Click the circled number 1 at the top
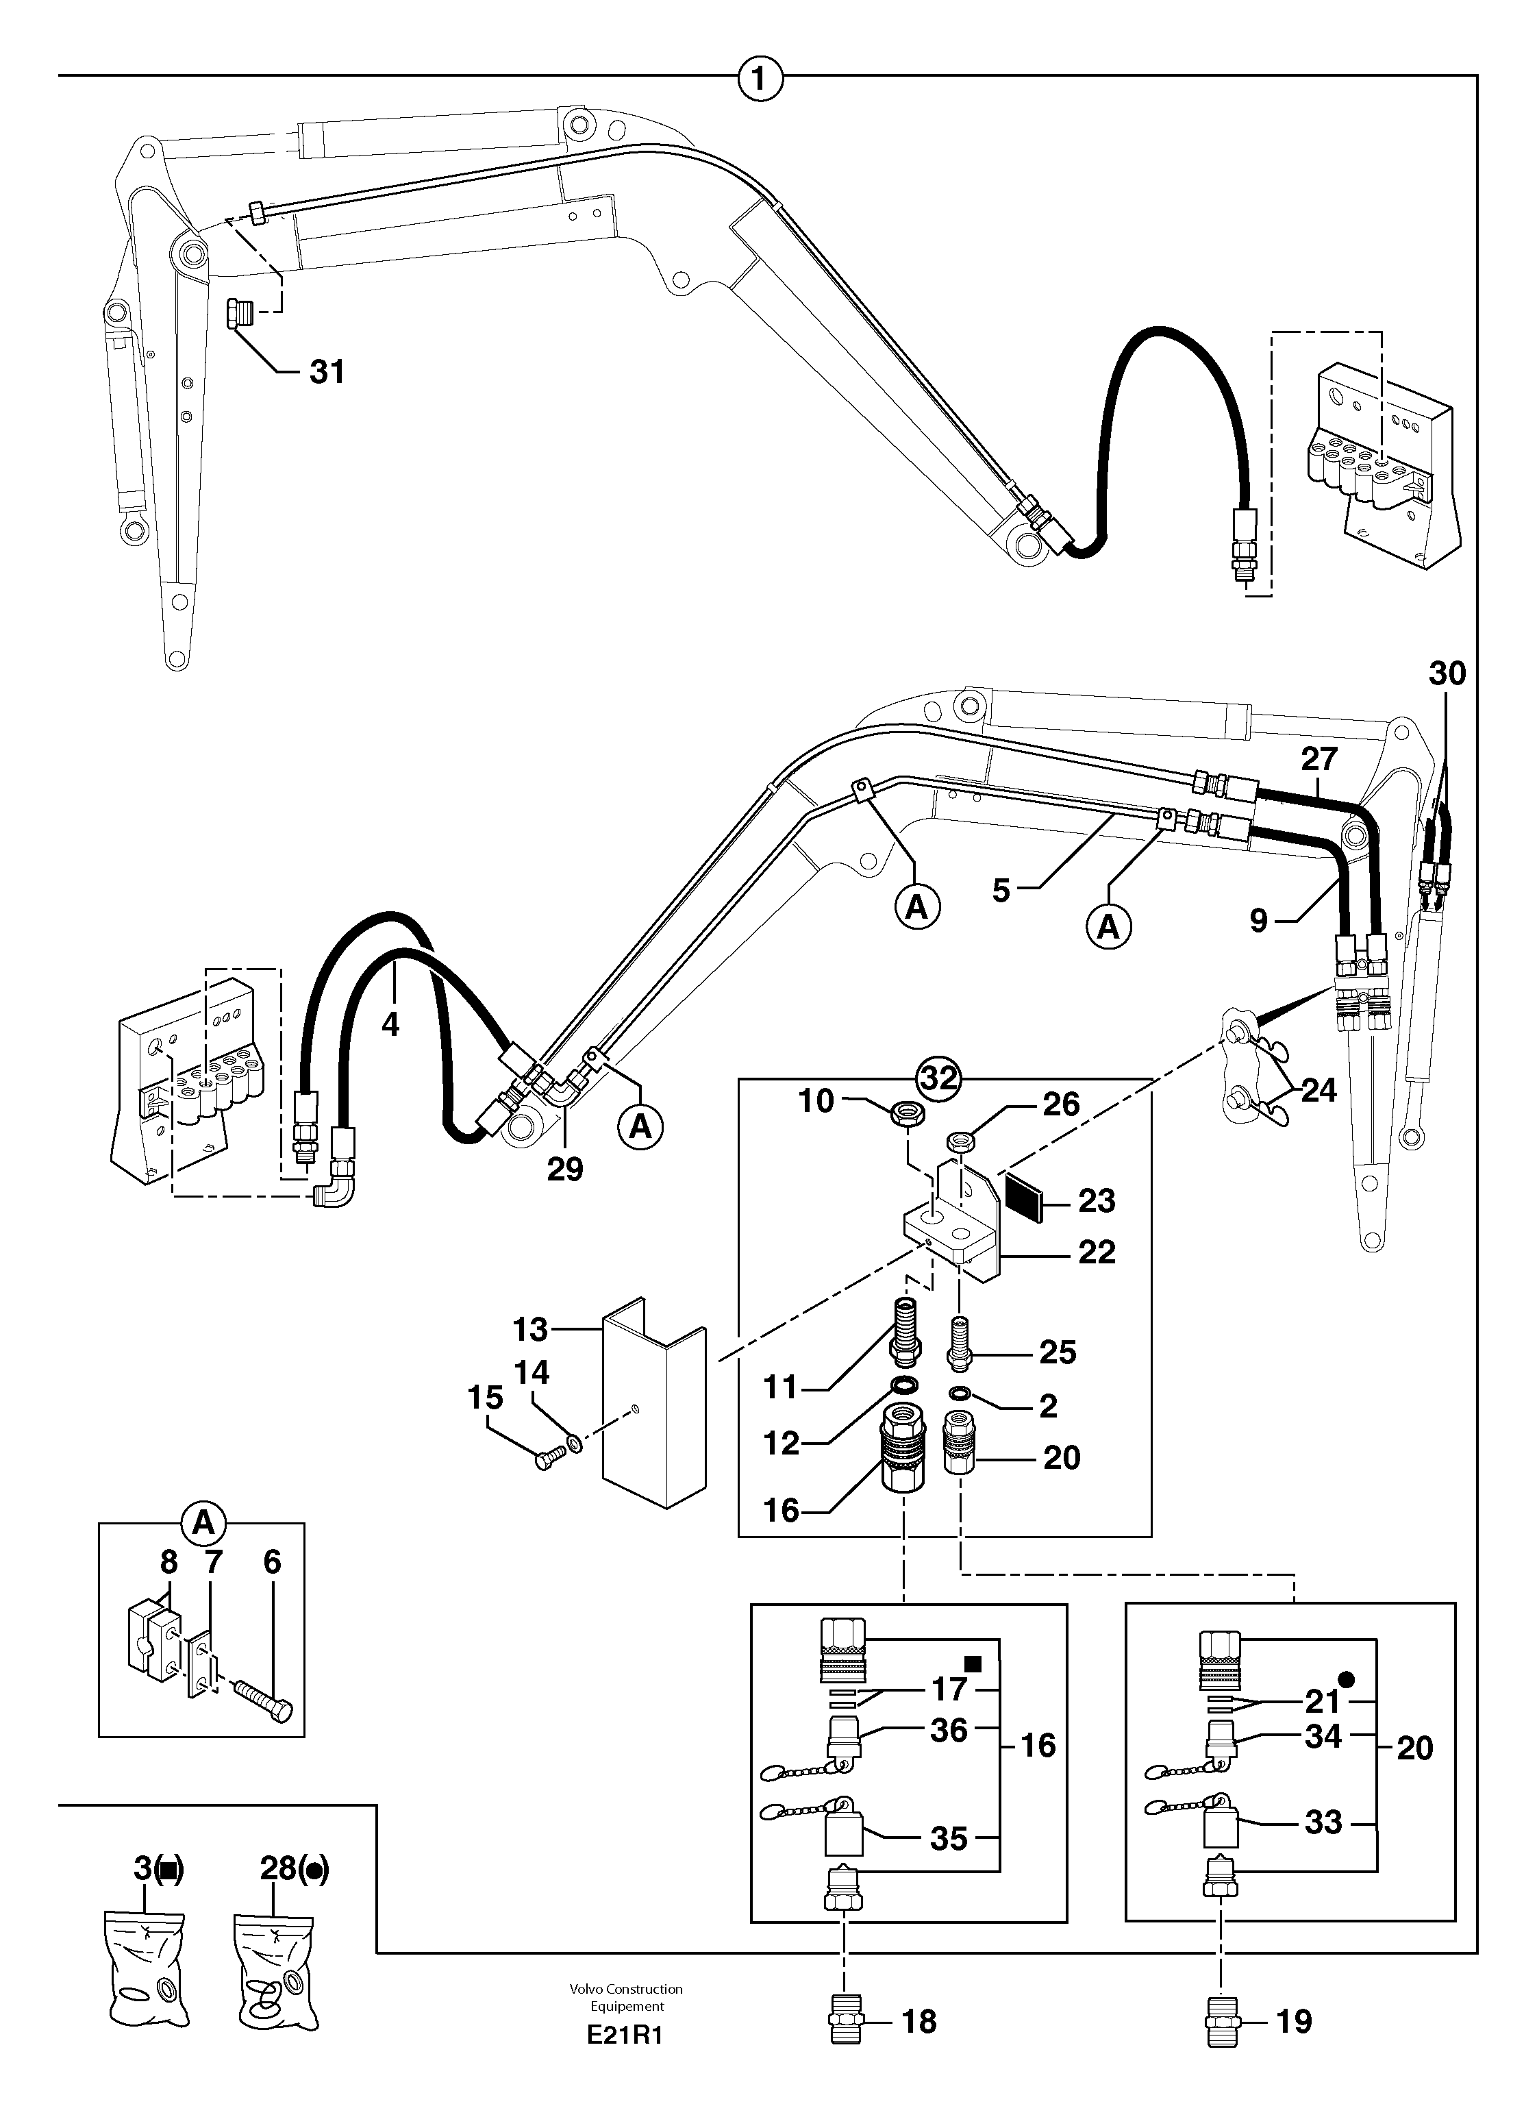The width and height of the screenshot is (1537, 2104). click(760, 78)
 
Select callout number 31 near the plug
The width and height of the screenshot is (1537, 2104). click(327, 372)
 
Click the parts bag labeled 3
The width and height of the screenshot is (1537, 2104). click(146, 1964)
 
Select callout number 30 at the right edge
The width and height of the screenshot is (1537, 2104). click(1447, 673)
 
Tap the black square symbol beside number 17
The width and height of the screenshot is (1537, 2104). click(973, 1662)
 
